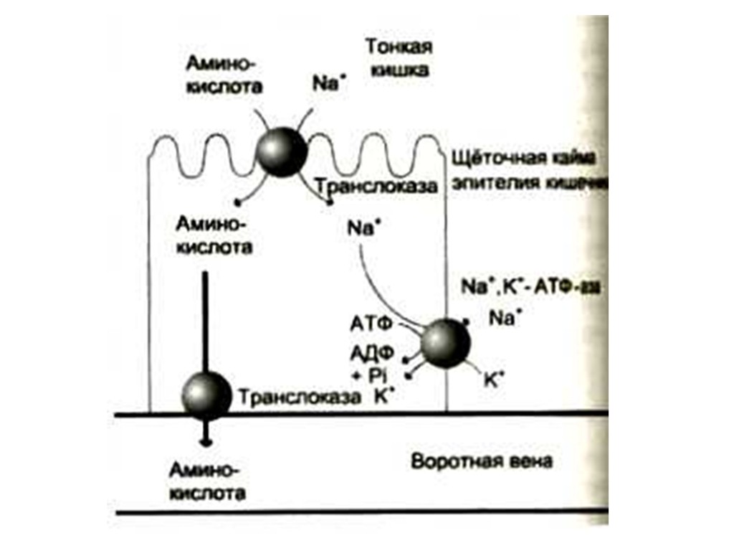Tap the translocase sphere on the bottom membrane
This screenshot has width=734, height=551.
pos(206,396)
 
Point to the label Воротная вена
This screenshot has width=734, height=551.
pos(482,461)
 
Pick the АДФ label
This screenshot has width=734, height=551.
pos(370,353)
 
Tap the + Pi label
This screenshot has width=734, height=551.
pos(370,374)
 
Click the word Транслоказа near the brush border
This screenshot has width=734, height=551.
pos(378,187)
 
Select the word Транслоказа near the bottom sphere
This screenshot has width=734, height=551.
pos(300,397)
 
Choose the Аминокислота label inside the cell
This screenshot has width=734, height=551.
pos(214,236)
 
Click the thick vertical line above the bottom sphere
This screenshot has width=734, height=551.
pos(206,321)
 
